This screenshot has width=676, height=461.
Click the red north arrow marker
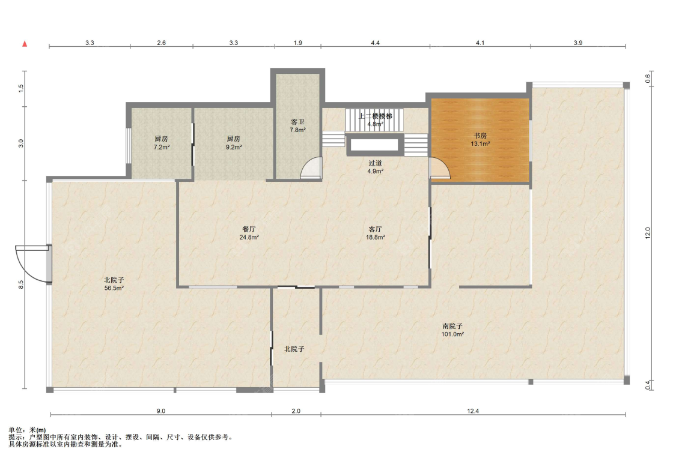[x=25, y=43]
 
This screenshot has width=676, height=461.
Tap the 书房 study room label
[x=480, y=136]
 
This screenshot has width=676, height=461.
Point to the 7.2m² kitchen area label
[x=161, y=147]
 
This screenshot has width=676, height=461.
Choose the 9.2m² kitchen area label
[x=234, y=147]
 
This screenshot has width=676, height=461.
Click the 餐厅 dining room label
[x=249, y=229]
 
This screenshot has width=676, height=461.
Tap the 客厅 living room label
[x=375, y=229]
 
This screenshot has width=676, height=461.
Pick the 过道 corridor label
[x=375, y=163]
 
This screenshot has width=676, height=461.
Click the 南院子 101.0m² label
[x=452, y=330]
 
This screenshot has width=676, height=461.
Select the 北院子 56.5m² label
[x=114, y=284]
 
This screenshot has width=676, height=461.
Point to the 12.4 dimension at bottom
[x=473, y=411]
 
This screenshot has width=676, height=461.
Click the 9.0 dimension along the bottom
[x=160, y=411]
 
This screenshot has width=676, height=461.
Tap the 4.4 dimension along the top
[x=375, y=43]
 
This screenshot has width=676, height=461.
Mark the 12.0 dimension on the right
[x=648, y=233]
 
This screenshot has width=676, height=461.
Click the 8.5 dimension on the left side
[x=20, y=285]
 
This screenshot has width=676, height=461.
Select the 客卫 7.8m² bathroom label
[x=298, y=126]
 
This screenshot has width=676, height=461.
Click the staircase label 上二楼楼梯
[x=375, y=116]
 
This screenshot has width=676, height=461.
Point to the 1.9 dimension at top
[x=298, y=43]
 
